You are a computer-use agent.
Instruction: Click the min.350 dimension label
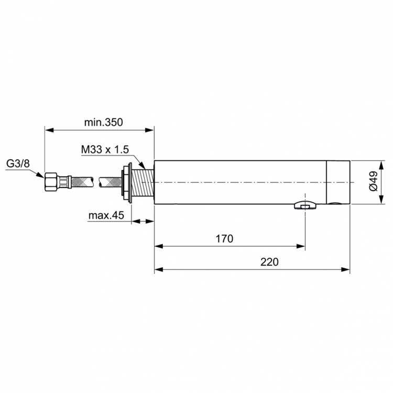(103, 123)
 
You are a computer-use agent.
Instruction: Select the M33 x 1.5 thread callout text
(105, 150)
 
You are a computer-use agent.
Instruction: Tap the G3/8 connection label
(18, 164)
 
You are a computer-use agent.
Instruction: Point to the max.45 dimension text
(105, 216)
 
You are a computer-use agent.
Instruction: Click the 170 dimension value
(224, 239)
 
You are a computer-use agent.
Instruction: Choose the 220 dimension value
(269, 263)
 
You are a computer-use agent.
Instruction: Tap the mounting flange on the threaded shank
(127, 183)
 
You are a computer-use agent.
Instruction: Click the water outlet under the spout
(303, 206)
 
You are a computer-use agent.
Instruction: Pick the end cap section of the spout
(338, 181)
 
